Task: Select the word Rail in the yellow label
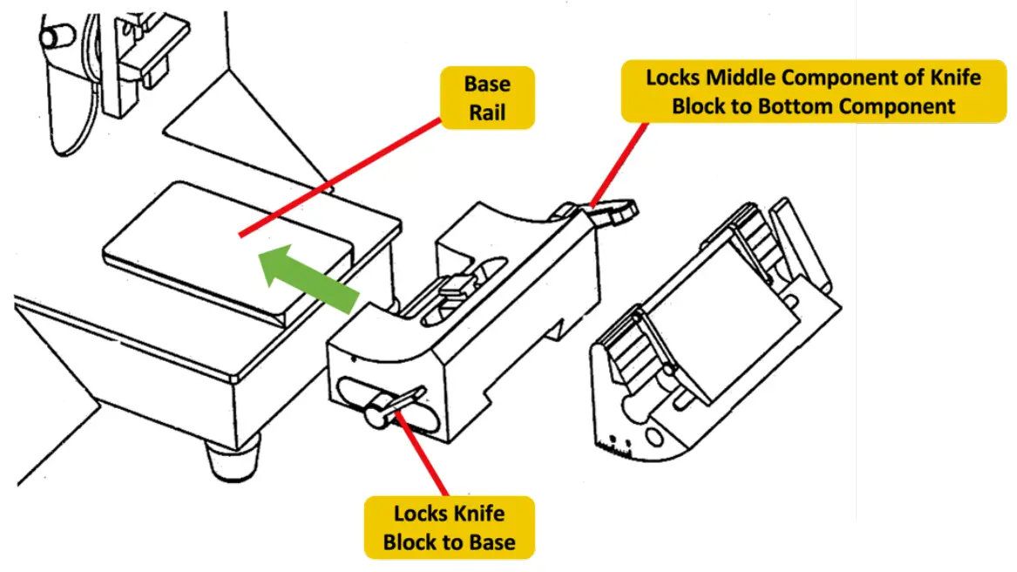pyautogui.click(x=486, y=112)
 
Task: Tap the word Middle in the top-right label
pyautogui.click(x=741, y=78)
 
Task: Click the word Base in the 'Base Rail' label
pyautogui.click(x=486, y=85)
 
